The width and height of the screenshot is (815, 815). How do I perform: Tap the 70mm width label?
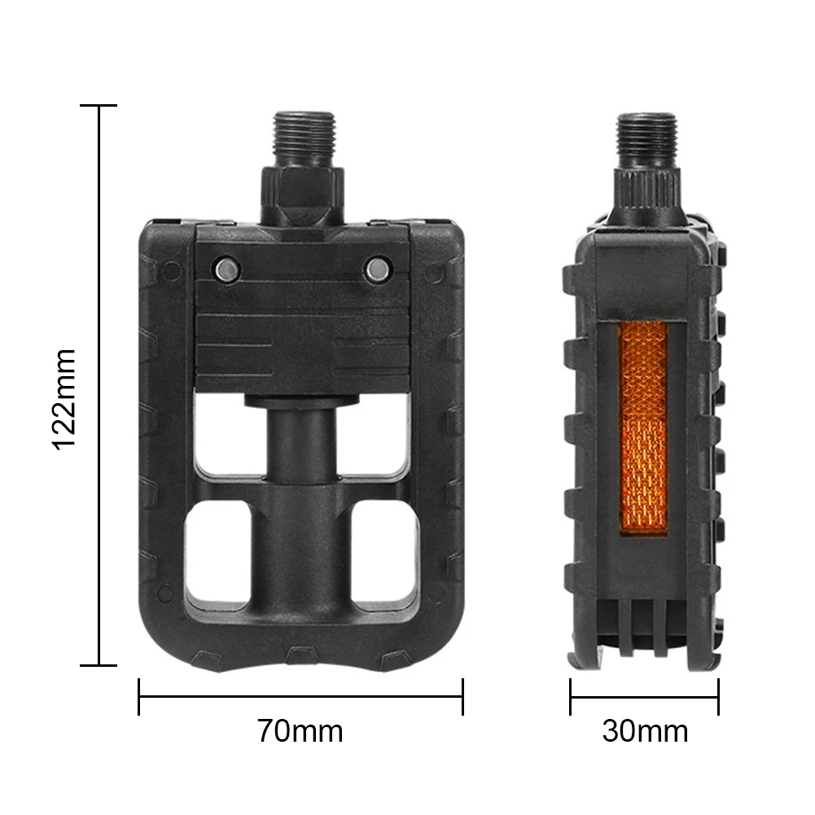(300, 730)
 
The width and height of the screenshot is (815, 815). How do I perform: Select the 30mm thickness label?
(645, 730)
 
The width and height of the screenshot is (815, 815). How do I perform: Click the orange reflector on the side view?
(643, 427)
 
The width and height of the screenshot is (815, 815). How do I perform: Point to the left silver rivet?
(226, 270)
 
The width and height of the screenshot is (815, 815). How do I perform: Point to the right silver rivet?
(377, 270)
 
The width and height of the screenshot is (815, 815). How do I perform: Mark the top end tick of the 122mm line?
(99, 106)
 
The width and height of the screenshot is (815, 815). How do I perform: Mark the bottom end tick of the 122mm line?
(99, 664)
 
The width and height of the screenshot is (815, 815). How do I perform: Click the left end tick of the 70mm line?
(139, 696)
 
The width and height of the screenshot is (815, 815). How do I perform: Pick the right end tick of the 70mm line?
(462, 696)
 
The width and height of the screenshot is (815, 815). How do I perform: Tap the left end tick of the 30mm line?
(570, 696)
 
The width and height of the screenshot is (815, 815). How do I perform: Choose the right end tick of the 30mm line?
(718, 696)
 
